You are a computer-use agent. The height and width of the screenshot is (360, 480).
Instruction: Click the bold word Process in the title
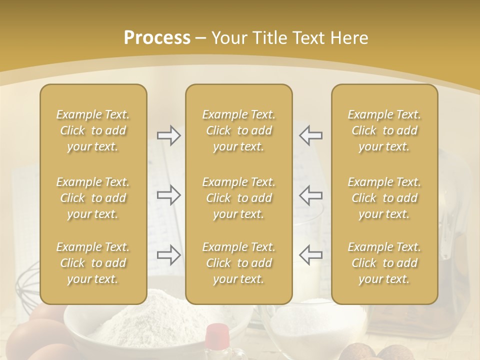pos(157,38)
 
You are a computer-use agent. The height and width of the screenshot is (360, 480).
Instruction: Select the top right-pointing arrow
pos(168,135)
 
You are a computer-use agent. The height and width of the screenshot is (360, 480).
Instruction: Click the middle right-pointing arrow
pos(168,195)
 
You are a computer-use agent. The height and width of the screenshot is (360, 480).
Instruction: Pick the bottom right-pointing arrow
pos(168,255)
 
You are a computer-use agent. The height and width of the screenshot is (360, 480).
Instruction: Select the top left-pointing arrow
pos(310,135)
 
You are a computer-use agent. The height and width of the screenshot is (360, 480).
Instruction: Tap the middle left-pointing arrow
pos(310,195)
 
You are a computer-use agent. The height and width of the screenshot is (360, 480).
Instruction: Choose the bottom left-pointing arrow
pos(310,255)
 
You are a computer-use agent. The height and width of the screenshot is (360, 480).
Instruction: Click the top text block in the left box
pos(93,130)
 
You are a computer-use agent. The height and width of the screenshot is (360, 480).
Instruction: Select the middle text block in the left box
pos(93,198)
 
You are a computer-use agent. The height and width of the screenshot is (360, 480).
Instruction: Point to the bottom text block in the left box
pos(93,263)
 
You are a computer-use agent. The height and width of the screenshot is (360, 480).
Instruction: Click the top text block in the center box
pos(238,130)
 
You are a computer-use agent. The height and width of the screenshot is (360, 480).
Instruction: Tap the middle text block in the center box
pos(238,198)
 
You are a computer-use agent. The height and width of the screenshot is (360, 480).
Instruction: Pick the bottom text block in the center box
pos(238,263)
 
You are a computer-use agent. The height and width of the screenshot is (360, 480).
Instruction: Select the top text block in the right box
pos(384,130)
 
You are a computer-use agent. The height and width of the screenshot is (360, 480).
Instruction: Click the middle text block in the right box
pos(384,198)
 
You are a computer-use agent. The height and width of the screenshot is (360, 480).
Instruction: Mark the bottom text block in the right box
pos(384,263)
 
